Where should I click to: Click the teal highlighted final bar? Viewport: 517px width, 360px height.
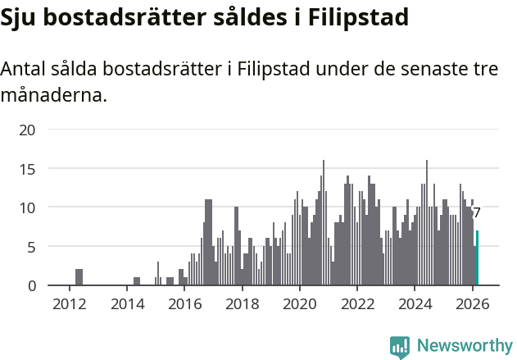(x=477, y=258)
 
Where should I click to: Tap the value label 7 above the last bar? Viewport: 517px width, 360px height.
(x=477, y=212)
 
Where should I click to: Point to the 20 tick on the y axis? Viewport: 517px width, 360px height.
(x=28, y=130)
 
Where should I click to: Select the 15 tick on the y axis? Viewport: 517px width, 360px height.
(x=28, y=169)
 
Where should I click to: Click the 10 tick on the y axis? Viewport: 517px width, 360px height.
(x=28, y=207)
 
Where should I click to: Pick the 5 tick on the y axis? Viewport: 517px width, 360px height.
(x=32, y=247)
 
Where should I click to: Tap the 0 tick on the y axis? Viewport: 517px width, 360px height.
(x=32, y=285)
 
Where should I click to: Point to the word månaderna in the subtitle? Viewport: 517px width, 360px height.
(x=53, y=96)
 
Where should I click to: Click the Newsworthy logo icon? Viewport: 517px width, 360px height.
(x=400, y=348)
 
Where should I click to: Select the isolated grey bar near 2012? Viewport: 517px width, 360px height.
(x=79, y=277)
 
